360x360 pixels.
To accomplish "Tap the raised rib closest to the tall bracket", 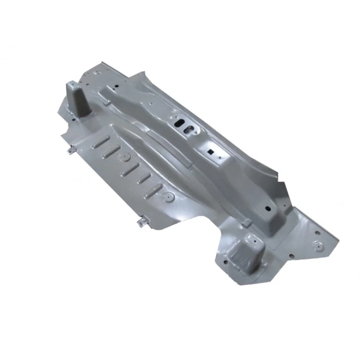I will pos(101,140).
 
